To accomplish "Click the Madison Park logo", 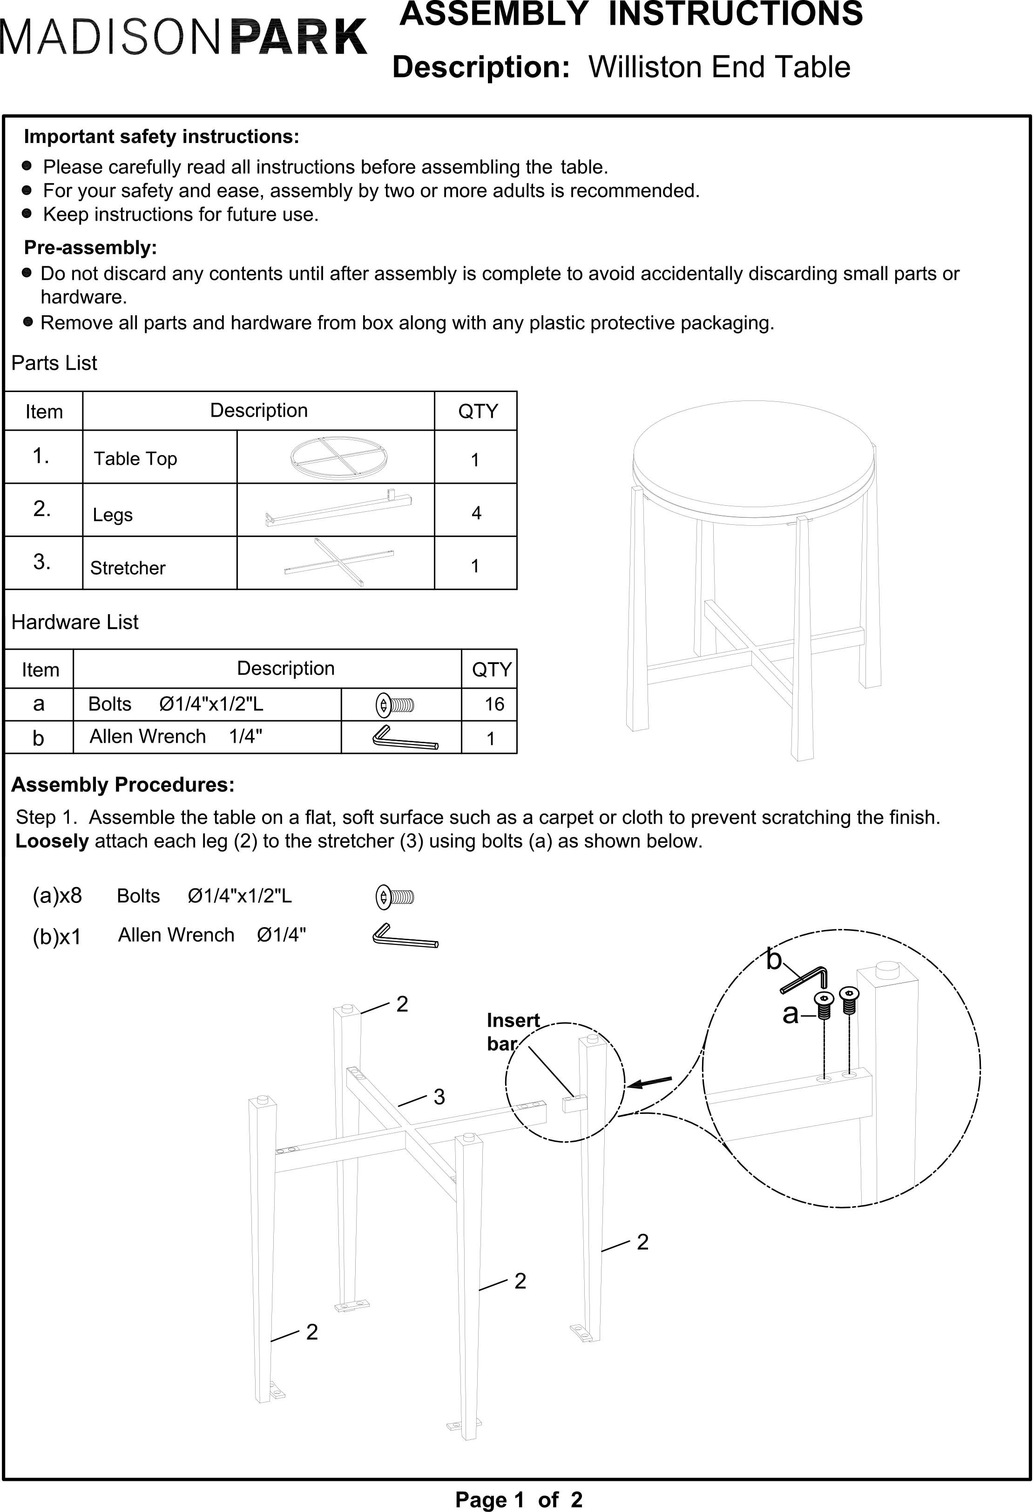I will [183, 37].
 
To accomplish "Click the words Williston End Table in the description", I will [719, 67].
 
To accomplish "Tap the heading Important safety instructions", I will [161, 136].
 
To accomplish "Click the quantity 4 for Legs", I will [476, 513].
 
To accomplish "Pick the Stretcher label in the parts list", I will [128, 568].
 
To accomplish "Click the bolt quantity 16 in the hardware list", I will [494, 704].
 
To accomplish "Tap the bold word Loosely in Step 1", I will [52, 841].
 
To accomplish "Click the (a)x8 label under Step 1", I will [57, 896].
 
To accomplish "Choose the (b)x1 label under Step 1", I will [57, 937].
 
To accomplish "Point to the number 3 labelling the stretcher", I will [439, 1097].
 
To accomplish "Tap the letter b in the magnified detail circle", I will [774, 960].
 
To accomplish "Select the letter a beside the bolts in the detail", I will [790, 1014].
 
